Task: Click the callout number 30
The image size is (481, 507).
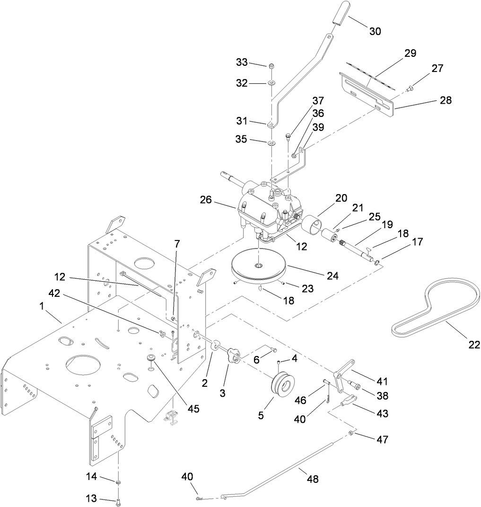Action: [x=375, y=31]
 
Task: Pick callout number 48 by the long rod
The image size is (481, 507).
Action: [x=312, y=479]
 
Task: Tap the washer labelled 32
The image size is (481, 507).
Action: [x=272, y=83]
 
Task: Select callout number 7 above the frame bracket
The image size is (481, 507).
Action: [x=177, y=244]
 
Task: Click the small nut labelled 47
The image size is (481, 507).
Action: [x=352, y=434]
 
